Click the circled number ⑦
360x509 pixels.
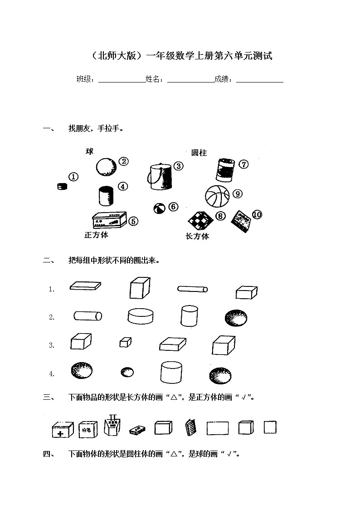pos(244,165)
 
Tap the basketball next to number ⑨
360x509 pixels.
pos(218,196)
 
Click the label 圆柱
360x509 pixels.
pos(199,153)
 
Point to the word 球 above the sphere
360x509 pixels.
pos(90,151)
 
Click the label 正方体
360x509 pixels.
pos(96,235)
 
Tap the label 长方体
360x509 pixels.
pos(197,236)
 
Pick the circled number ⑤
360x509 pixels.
pos(133,221)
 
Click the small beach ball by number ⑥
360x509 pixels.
pos(159,209)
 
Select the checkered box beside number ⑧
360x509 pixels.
pos(200,219)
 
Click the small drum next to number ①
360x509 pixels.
pos(62,186)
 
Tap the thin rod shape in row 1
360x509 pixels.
pos(192,289)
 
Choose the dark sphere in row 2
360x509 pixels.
pos(236,318)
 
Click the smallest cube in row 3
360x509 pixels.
pos(125,342)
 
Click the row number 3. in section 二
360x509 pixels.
pos(52,345)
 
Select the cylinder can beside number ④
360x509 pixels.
pos(107,196)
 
